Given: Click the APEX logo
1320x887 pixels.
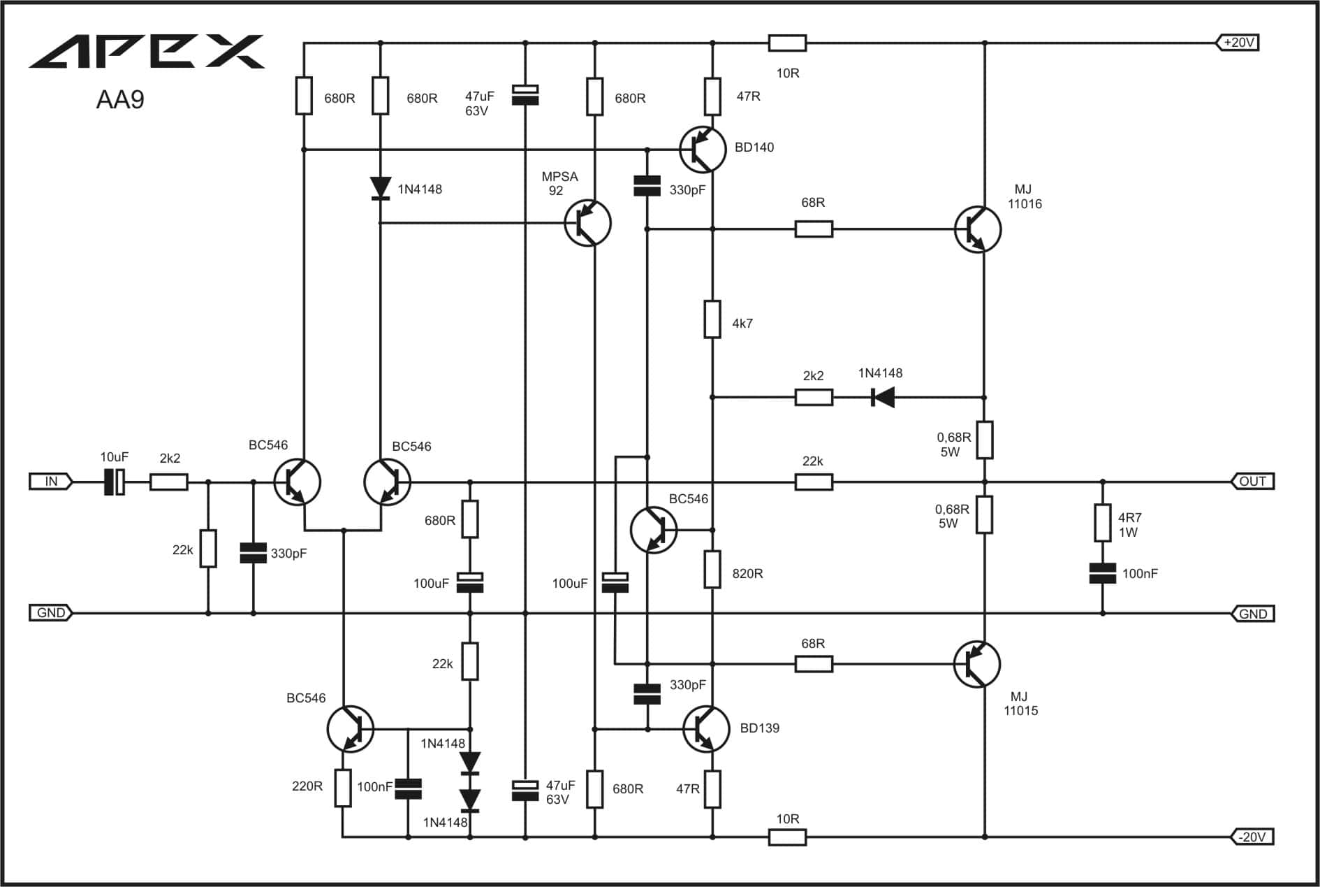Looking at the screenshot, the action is coord(147,51).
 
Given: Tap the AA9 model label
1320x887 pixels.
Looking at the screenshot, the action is coord(120,100).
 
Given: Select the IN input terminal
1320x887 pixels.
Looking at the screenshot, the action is coord(50,481).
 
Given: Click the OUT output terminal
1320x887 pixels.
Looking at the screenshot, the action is coord(1252,481).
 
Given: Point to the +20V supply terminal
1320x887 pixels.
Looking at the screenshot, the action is coord(1238,43).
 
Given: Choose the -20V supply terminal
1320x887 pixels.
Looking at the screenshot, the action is coord(1252,837).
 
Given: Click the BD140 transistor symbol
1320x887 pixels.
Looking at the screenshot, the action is coord(703,150).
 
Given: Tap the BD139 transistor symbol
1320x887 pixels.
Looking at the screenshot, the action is coord(706,729).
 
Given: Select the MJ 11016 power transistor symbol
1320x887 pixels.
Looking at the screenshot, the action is coord(978,229).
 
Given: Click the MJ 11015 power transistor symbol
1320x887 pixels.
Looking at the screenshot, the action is coord(977,664).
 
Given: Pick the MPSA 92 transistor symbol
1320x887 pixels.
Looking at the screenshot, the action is coord(587,224).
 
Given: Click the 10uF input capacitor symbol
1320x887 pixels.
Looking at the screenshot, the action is coord(114,482).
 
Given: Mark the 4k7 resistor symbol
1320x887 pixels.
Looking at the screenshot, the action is coord(712,319).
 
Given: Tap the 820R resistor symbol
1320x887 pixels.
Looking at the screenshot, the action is coord(712,569).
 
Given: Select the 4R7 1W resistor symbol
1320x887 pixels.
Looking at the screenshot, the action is coord(1103,523).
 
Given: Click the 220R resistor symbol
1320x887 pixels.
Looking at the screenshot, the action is coord(342,788).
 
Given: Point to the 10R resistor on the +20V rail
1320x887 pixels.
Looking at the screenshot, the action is coord(787,43).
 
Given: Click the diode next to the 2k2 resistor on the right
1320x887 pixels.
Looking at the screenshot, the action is coord(883,398).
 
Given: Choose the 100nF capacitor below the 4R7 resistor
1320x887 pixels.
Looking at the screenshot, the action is coord(1103,573).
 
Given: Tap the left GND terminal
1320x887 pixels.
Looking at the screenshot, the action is coord(50,613).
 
